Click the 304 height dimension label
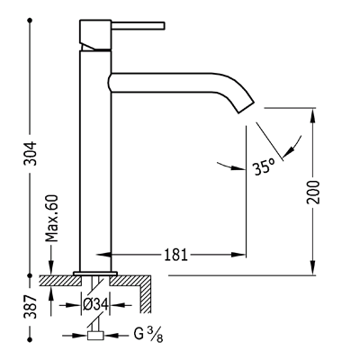click(31, 153)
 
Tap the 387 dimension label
click(31, 306)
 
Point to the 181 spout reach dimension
click(175, 255)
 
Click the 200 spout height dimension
click(313, 192)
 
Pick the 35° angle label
click(264, 167)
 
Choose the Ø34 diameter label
click(95, 305)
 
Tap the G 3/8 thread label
click(148, 335)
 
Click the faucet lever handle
click(139, 25)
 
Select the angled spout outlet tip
click(246, 107)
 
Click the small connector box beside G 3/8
click(95, 336)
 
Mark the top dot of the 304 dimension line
click(30, 21)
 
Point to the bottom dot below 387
click(30, 339)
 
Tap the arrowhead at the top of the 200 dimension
click(313, 116)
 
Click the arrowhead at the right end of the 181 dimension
click(238, 255)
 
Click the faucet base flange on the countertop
click(95, 274)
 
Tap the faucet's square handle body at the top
click(95, 34)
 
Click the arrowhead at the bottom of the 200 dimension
click(313, 266)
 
